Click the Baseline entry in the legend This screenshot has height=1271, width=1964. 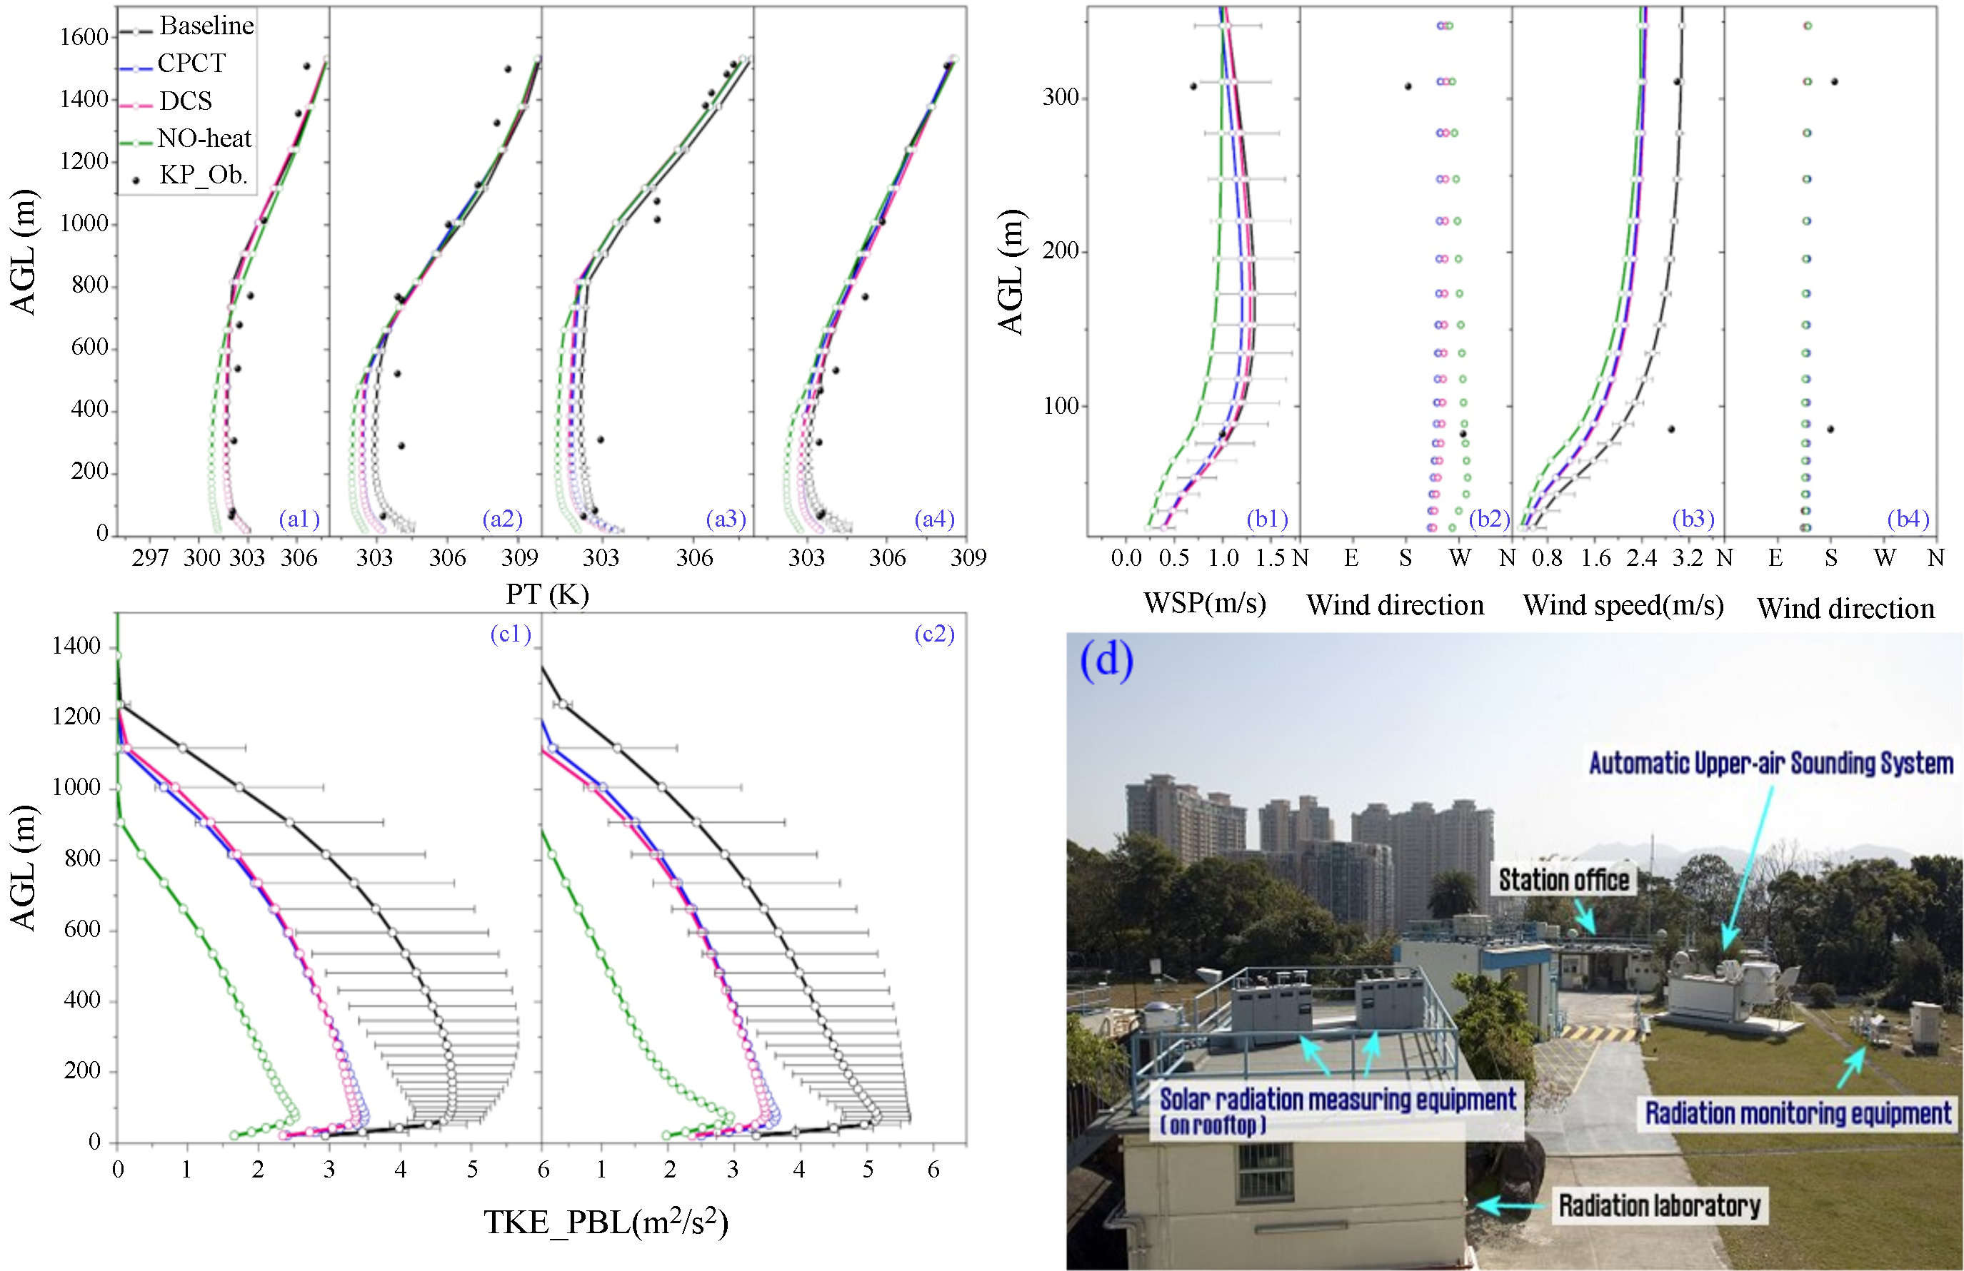(206, 26)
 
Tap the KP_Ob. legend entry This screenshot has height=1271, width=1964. (203, 175)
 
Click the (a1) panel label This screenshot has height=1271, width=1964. (299, 519)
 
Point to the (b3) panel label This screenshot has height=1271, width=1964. (1693, 519)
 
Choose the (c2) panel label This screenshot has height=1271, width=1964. (934, 634)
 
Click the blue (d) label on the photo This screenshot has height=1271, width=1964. (1106, 660)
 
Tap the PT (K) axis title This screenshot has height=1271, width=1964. (547, 594)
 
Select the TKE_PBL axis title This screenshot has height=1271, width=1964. (606, 1222)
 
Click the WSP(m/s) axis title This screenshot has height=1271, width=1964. (1204, 603)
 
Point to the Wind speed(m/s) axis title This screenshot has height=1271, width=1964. (1623, 605)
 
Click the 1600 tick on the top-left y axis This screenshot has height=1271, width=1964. (84, 37)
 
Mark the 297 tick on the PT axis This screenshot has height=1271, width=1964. (150, 558)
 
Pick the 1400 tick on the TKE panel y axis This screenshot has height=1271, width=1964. (76, 646)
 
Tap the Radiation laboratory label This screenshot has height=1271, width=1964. (1658, 1206)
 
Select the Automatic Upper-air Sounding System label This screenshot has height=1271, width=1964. (1771, 763)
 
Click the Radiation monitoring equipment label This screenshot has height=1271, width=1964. (1798, 1113)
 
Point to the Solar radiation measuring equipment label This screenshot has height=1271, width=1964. (1337, 1100)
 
